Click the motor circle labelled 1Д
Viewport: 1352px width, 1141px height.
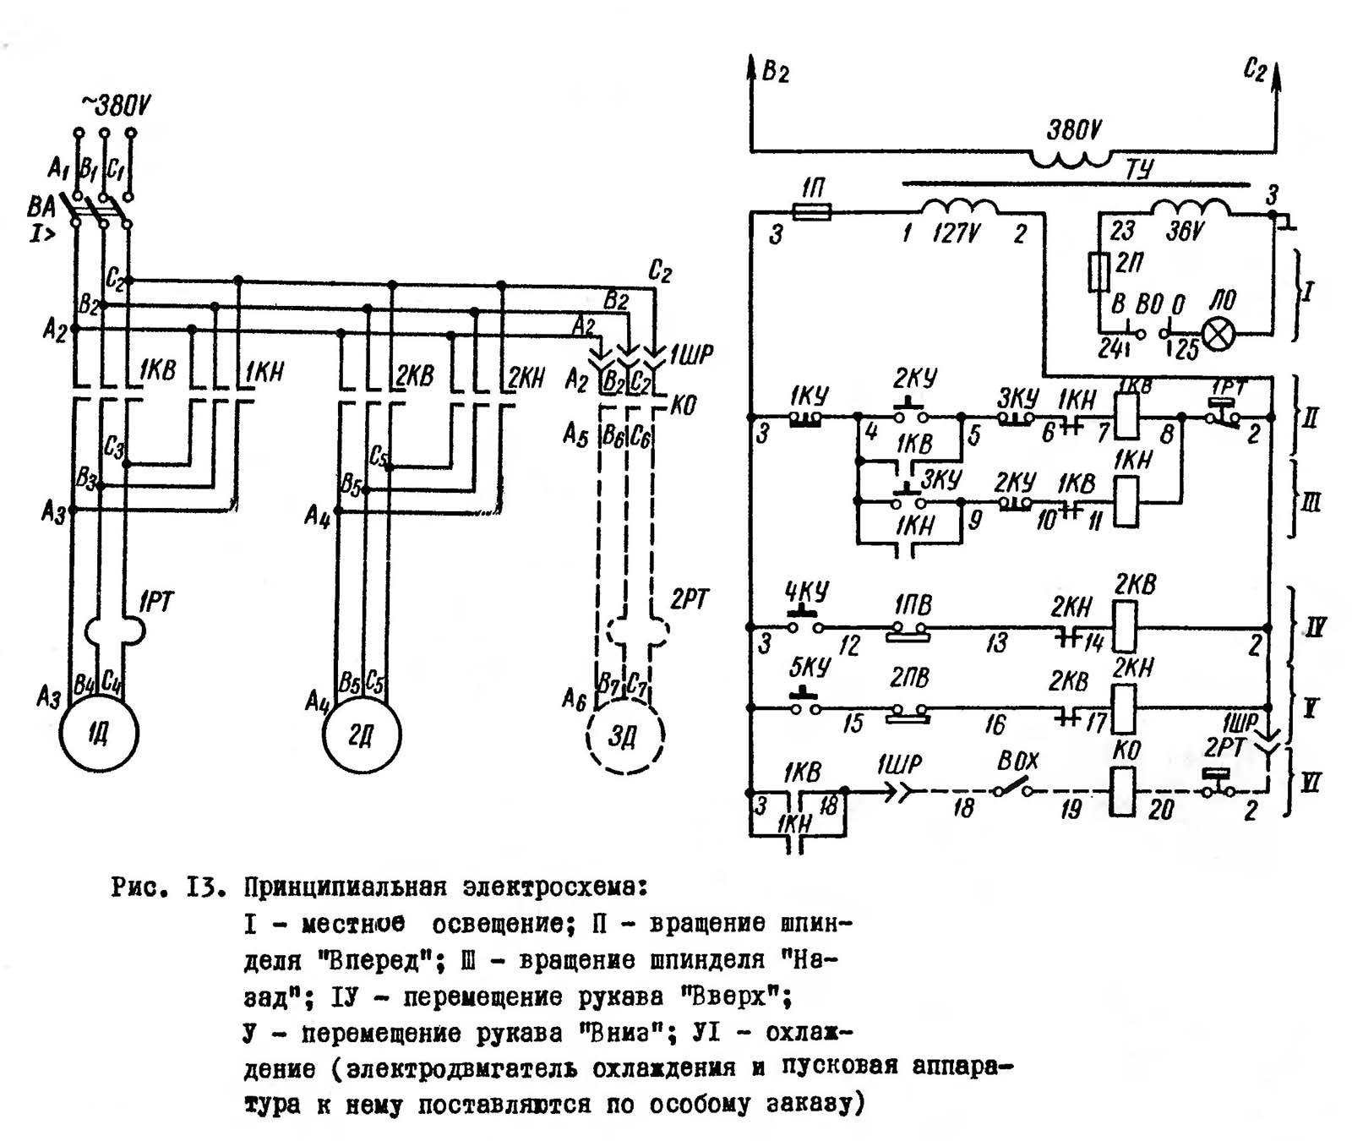[x=99, y=734]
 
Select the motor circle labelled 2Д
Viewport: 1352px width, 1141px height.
[x=362, y=734]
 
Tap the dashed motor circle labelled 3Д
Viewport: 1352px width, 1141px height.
[x=624, y=736]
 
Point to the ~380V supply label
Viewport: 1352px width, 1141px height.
[x=116, y=106]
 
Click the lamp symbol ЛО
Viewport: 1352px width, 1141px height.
[x=1218, y=335]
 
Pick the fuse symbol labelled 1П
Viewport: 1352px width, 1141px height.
[x=813, y=211]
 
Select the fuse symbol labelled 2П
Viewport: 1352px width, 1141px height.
[x=1099, y=272]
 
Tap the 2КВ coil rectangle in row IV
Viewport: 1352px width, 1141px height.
[x=1126, y=626]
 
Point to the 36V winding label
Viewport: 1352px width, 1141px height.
[x=1185, y=231]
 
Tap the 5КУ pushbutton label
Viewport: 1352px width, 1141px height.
[x=810, y=668]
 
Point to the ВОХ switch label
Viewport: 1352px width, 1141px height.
[x=1017, y=762]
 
